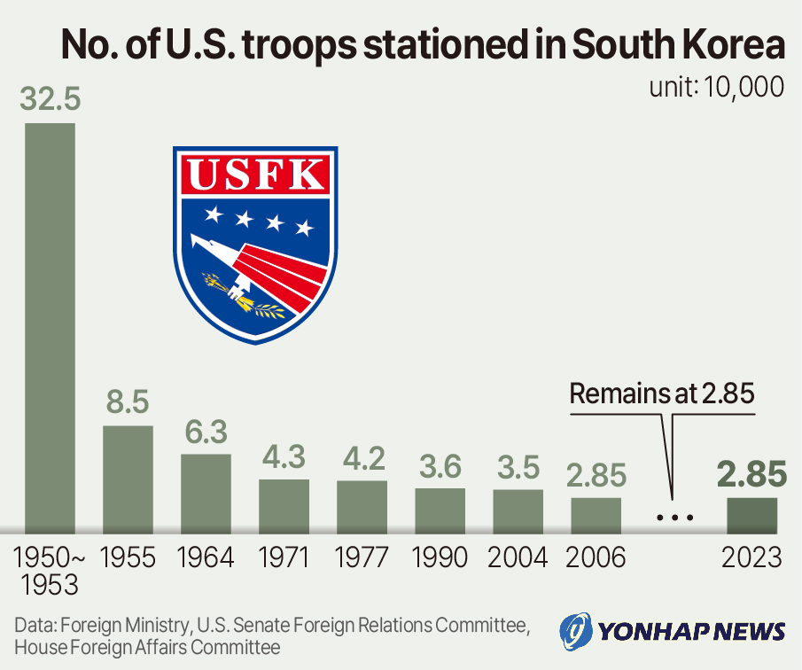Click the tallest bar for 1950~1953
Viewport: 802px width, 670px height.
pos(50,328)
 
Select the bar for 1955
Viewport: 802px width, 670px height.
pos(128,479)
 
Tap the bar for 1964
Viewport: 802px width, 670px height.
pos(206,494)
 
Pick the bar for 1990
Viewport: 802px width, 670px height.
pos(440,510)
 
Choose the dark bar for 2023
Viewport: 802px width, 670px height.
pos(752,516)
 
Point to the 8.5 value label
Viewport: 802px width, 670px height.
pos(128,403)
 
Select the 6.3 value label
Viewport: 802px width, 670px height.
pos(206,432)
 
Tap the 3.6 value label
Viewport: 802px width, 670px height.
pos(440,466)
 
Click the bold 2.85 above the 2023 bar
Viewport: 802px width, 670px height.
pos(752,475)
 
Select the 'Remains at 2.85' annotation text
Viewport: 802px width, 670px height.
pos(661,394)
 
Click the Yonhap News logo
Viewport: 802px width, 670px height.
pos(674,631)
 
